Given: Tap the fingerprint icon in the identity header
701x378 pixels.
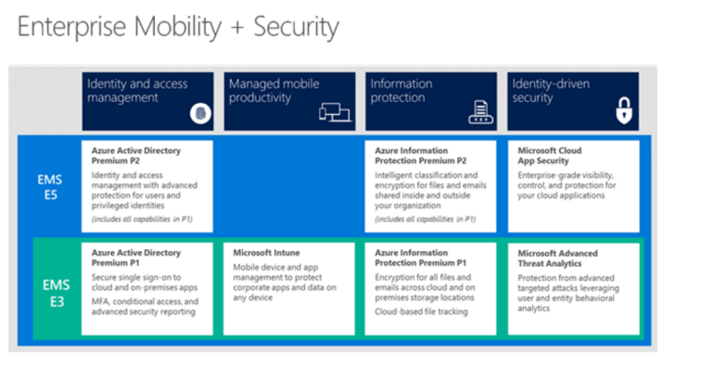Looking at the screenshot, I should (199, 113).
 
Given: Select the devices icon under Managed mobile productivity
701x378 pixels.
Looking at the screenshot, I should (337, 113).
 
